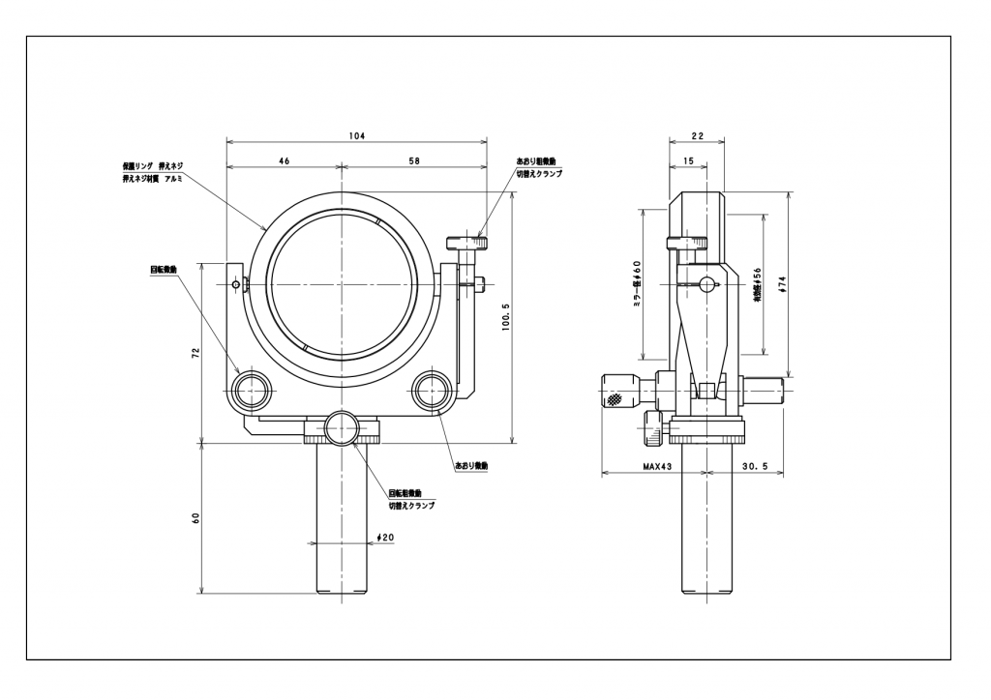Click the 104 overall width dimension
pyautogui.click(x=356, y=136)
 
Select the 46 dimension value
pyautogui.click(x=284, y=160)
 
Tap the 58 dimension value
pyautogui.click(x=413, y=160)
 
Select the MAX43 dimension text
pyautogui.click(x=657, y=466)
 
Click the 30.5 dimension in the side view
pyautogui.click(x=755, y=466)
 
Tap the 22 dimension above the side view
pyautogui.click(x=697, y=136)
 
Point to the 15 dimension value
pyautogui.click(x=686, y=160)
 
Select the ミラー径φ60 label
pyautogui.click(x=637, y=282)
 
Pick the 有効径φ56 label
pyautogui.click(x=758, y=285)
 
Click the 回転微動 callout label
pyautogui.click(x=163, y=270)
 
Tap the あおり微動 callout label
pyautogui.click(x=471, y=465)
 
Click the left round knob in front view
pyautogui.click(x=252, y=391)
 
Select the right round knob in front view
pyautogui.click(x=430, y=391)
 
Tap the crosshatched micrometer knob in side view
pyautogui.click(x=616, y=391)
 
